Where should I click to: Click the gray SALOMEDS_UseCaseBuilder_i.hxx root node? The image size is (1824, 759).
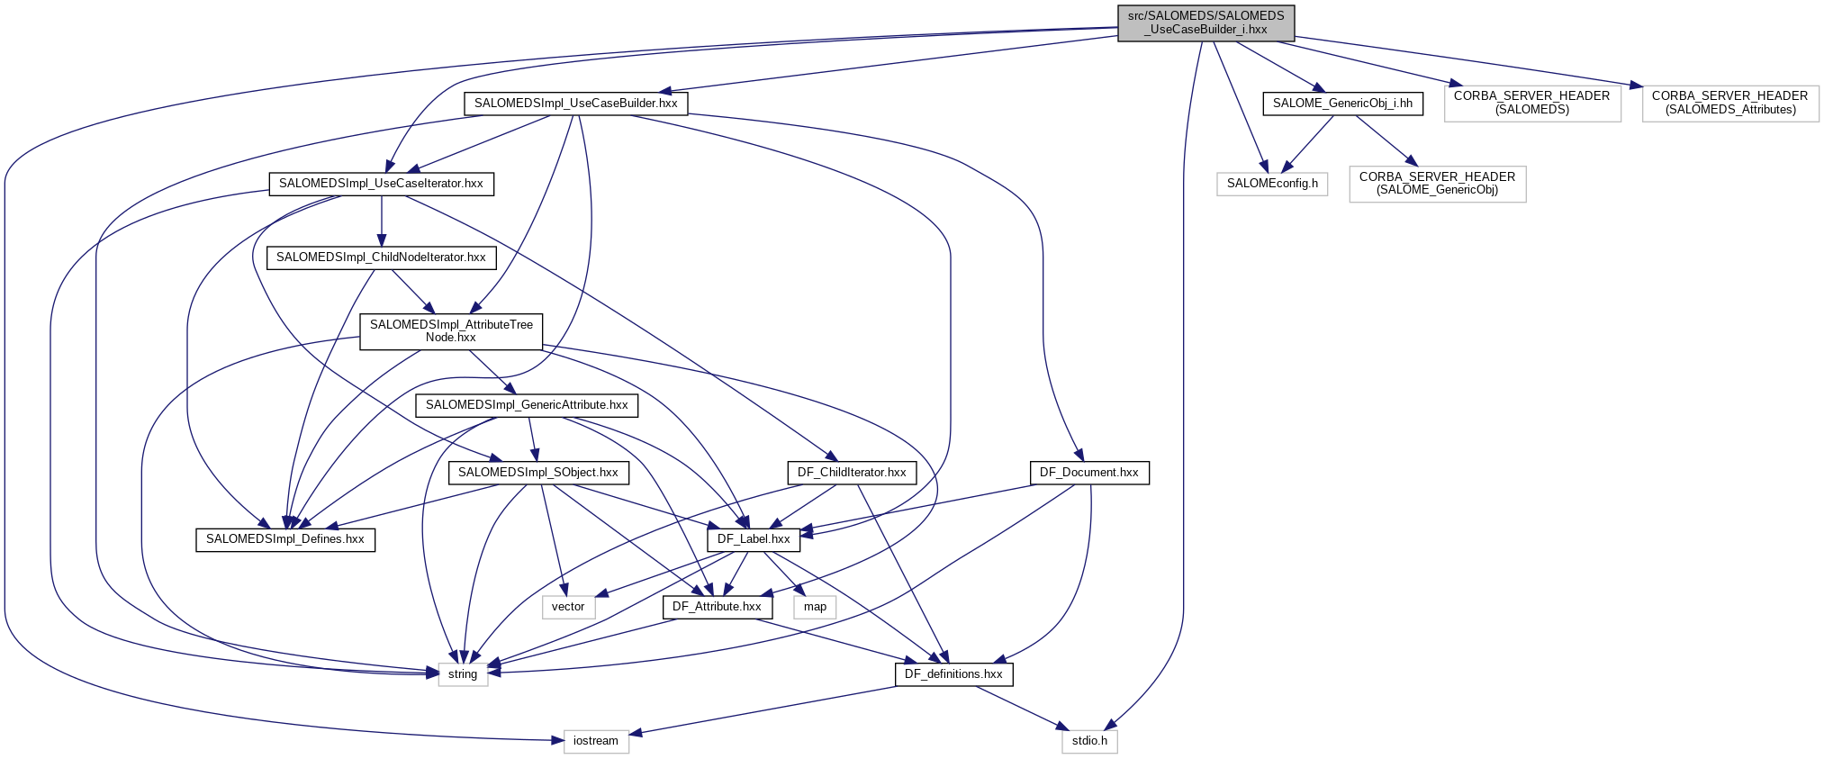point(1205,23)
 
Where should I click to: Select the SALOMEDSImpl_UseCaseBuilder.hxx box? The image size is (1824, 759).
point(575,104)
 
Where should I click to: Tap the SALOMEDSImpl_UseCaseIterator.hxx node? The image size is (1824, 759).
point(381,184)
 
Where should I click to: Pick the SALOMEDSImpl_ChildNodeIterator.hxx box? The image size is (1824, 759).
point(381,258)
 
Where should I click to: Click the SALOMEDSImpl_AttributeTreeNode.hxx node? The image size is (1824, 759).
point(451,331)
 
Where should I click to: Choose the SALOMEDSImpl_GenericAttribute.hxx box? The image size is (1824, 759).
point(527,405)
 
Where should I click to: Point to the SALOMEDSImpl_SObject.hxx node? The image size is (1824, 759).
point(537,473)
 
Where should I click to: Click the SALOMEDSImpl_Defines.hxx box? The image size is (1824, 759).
point(285,539)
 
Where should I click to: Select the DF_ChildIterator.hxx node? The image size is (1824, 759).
point(852,473)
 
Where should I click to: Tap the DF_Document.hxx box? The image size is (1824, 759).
point(1088,473)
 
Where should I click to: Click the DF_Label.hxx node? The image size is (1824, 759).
point(754,539)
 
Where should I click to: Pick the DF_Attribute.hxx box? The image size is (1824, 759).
point(717,607)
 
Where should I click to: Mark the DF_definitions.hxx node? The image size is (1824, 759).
point(953,674)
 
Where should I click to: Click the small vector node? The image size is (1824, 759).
point(568,607)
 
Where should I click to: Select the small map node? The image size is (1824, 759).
point(815,607)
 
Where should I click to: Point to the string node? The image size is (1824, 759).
point(463,674)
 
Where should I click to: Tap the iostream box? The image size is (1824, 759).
point(596,741)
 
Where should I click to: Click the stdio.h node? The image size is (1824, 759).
point(1089,741)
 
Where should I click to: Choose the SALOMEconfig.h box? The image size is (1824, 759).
point(1271,184)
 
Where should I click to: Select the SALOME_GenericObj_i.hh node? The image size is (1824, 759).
point(1342,104)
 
